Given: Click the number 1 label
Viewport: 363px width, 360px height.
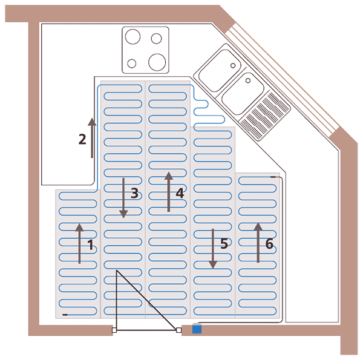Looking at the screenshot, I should click(90, 246).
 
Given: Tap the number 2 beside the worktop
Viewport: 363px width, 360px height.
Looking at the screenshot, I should click(82, 139).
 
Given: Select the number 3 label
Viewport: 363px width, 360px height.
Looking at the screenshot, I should click(134, 194).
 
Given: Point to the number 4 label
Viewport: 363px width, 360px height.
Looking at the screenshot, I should click(180, 193).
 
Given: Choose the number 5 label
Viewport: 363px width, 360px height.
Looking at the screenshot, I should click(224, 244).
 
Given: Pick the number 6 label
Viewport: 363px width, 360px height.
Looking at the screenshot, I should click(269, 244).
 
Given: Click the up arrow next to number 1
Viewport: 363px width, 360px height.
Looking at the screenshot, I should click(79, 243).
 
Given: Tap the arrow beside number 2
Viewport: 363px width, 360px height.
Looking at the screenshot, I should click(92, 137).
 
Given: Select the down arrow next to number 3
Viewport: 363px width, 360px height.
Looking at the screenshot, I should click(123, 198).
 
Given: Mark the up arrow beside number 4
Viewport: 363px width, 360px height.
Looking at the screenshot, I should click(168, 191).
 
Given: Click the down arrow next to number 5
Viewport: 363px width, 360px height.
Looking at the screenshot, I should click(213, 248).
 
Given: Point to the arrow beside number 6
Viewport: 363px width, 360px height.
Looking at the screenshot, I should click(258, 242).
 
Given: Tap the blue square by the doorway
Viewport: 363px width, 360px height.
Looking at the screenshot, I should click(196, 329).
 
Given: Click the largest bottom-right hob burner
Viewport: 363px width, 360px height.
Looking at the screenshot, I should click(156, 61).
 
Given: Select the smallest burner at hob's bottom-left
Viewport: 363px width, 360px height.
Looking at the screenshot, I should click(132, 61).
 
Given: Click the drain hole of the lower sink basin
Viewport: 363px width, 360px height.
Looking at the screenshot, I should click(247, 79).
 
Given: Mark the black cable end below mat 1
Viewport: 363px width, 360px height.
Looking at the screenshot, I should click(65, 315).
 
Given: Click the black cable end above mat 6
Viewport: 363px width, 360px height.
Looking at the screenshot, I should click(274, 177).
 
